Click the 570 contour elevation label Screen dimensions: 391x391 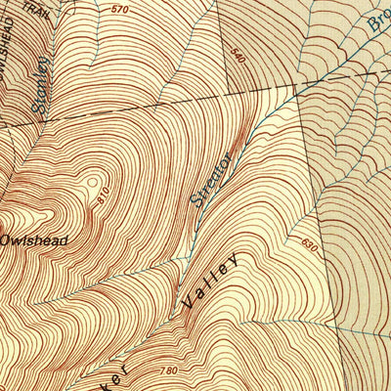click(x=119, y=10)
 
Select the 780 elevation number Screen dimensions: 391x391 click(x=167, y=370)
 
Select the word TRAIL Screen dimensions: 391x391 click(x=37, y=10)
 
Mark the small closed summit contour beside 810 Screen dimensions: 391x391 click(x=93, y=183)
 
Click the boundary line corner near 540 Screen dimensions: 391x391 click(x=294, y=86)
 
